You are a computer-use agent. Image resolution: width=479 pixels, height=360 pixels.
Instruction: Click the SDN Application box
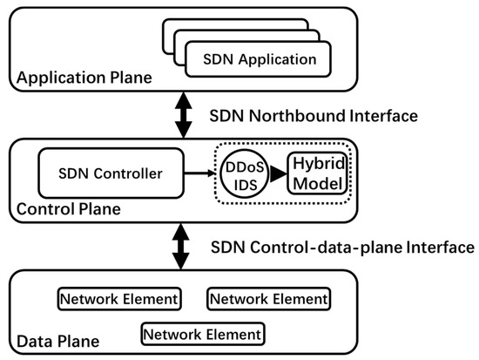(259, 60)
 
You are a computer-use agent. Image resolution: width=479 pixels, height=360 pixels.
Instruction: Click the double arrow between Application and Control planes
(183, 115)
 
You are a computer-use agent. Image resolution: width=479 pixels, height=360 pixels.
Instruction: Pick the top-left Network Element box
(119, 299)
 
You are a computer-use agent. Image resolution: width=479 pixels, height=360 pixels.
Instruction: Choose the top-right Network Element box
(269, 299)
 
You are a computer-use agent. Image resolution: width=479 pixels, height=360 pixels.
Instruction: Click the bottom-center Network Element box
(202, 334)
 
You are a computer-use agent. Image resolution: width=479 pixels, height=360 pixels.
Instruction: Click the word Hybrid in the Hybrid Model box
(319, 165)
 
